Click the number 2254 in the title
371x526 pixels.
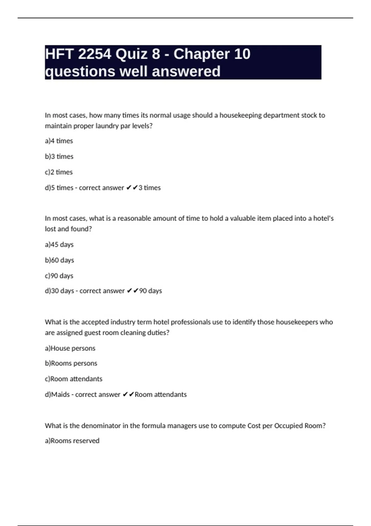(94, 54)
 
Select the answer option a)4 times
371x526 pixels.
(59, 141)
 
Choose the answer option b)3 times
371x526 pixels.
(59, 157)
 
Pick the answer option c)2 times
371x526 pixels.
(59, 172)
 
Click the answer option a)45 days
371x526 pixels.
(59, 244)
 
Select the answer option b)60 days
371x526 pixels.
(59, 260)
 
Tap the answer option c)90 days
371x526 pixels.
(59, 276)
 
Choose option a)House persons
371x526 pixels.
(70, 348)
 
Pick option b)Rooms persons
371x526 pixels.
(71, 363)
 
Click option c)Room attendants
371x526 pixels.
(74, 379)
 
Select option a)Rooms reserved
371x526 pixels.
(72, 441)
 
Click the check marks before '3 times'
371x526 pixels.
(132, 188)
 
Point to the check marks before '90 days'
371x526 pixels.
(133, 291)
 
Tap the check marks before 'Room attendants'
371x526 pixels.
(128, 394)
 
